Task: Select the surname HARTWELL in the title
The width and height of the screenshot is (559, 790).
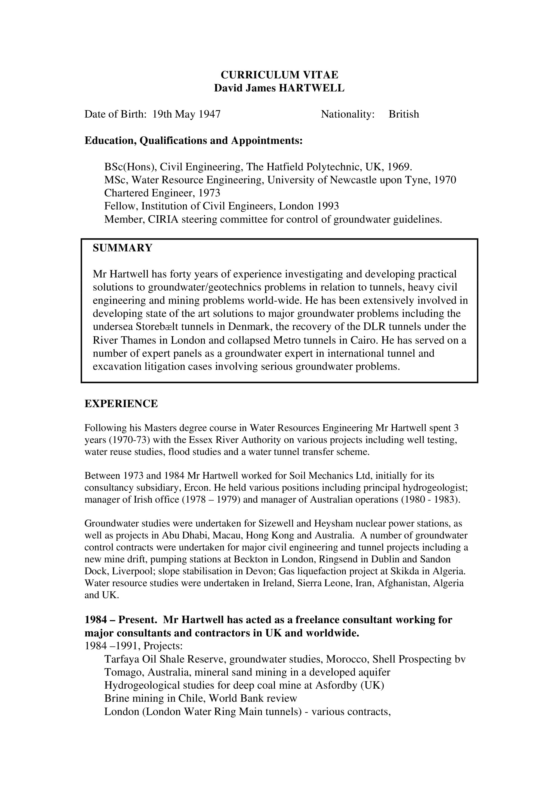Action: click(311, 88)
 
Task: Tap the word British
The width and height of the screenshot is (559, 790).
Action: click(404, 114)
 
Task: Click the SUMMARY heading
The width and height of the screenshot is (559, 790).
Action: click(122, 248)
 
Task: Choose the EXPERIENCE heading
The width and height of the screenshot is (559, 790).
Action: click(121, 403)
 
